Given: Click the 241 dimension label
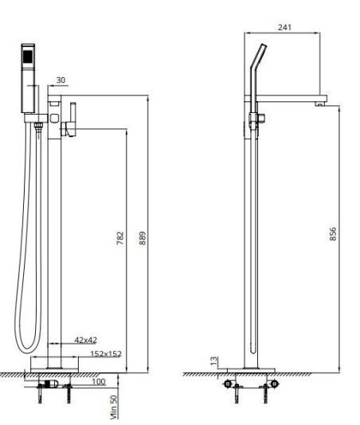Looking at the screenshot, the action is [284, 27].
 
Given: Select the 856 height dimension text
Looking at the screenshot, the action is [333, 234].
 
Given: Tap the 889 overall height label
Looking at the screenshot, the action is [143, 238].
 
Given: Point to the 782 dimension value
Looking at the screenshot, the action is [120, 238].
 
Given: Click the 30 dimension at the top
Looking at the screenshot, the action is [61, 80].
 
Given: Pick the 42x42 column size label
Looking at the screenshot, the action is [86, 340].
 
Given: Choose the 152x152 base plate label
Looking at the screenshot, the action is [106, 353].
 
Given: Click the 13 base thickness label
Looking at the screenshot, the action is [214, 361].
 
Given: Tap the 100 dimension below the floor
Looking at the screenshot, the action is [99, 382].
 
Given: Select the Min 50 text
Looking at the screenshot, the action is [114, 407].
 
